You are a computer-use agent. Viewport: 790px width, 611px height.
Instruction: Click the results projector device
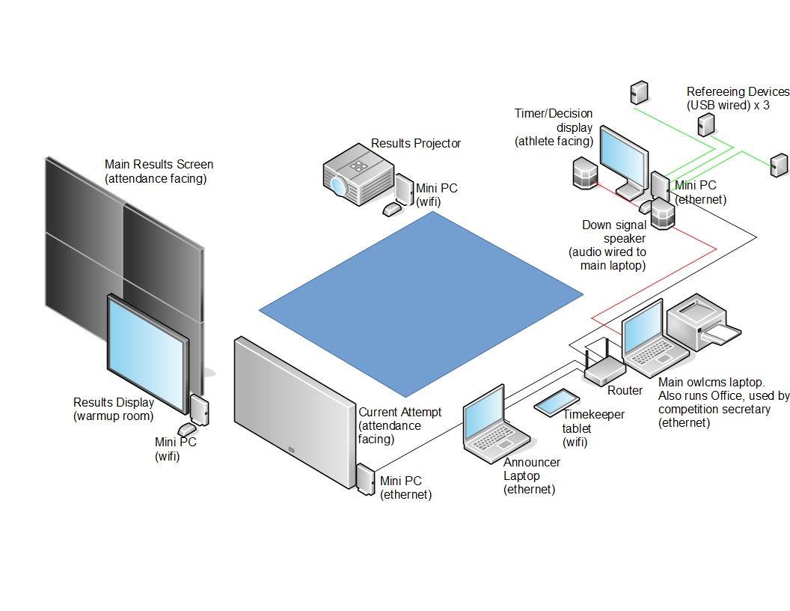tap(358, 177)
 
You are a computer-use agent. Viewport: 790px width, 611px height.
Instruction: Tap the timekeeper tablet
tap(555, 402)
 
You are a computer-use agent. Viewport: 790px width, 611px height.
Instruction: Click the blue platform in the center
tap(420, 303)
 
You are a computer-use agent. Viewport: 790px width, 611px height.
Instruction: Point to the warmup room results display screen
tap(147, 353)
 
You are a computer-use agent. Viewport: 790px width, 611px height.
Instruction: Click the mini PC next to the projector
tap(404, 190)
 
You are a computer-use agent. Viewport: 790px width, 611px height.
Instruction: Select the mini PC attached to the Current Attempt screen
tap(366, 479)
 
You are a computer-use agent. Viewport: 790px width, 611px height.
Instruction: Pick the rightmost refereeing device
tap(779, 165)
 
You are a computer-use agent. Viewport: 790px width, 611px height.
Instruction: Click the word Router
tap(625, 391)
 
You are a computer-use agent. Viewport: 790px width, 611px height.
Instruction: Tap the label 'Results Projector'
tap(416, 143)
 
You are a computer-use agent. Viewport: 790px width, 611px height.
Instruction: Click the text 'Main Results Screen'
tap(159, 164)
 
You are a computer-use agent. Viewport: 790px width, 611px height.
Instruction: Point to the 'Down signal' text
tap(614, 225)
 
